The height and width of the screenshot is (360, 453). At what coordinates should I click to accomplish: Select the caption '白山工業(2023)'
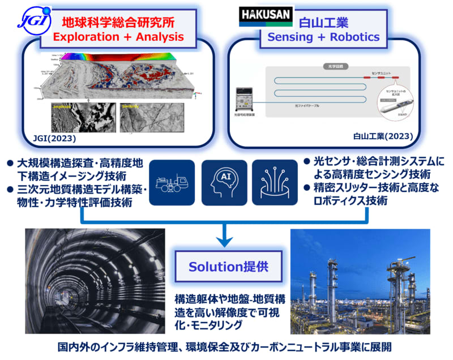(x=383, y=136)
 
